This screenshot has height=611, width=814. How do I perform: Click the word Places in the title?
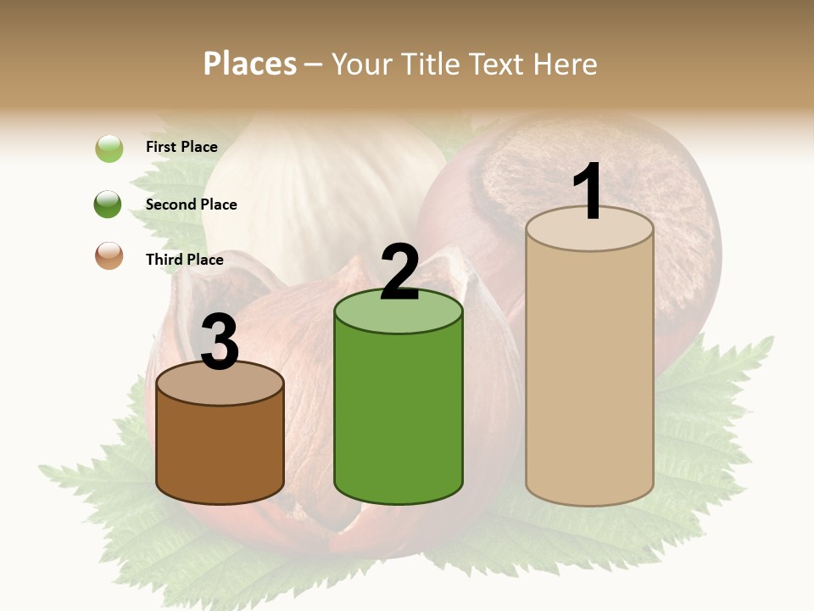click(x=250, y=64)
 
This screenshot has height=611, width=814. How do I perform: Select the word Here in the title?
click(x=566, y=64)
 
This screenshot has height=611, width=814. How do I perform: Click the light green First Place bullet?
click(x=109, y=149)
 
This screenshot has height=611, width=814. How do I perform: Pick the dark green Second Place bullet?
click(x=109, y=204)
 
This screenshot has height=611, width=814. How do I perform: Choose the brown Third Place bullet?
click(x=109, y=255)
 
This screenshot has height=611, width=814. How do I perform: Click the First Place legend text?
click(x=181, y=147)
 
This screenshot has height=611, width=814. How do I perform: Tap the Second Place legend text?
click(x=191, y=205)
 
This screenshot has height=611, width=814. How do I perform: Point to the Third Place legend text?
click(x=184, y=260)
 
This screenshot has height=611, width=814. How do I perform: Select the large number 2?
click(x=399, y=272)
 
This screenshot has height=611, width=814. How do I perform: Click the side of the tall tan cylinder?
click(x=590, y=373)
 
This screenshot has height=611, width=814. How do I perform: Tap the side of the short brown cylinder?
click(x=220, y=450)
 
